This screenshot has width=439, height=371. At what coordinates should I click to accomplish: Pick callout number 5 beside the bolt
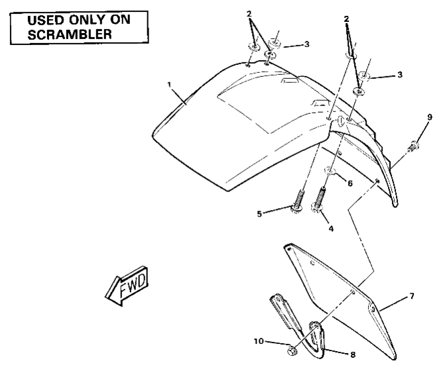[x=277, y=213]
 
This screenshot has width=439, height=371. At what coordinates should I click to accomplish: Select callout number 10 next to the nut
[x=261, y=342]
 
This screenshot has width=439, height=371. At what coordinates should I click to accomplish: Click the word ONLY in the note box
[x=92, y=20]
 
